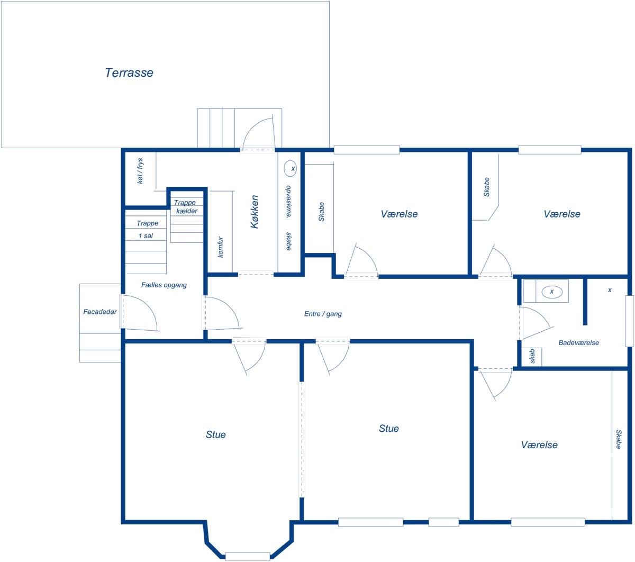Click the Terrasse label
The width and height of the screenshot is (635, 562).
coord(129,72)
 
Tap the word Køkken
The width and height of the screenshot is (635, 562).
coord(254,212)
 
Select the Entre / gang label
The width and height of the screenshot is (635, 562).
coord(322,314)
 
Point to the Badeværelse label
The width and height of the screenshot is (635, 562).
coord(578,342)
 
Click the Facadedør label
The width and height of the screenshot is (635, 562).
coord(99,312)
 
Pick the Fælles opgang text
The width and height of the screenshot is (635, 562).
coord(164,285)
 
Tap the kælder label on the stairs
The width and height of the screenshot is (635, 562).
coord(186,211)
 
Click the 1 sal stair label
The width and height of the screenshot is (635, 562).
coord(146,235)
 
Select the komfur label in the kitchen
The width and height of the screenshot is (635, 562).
coord(220,247)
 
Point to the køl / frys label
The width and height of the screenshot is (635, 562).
coord(140,170)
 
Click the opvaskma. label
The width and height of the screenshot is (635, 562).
coord(288,201)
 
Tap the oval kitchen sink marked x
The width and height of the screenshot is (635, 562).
coord(290,168)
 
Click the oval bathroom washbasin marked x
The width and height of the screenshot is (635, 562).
coord(551,292)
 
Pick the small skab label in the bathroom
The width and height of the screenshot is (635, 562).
coord(532,356)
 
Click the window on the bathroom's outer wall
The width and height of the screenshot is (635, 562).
coord(629,321)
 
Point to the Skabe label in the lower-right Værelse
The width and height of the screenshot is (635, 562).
coord(619,439)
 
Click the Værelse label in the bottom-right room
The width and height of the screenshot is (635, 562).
coord(539,445)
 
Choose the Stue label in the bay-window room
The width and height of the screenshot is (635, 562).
coord(216,434)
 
